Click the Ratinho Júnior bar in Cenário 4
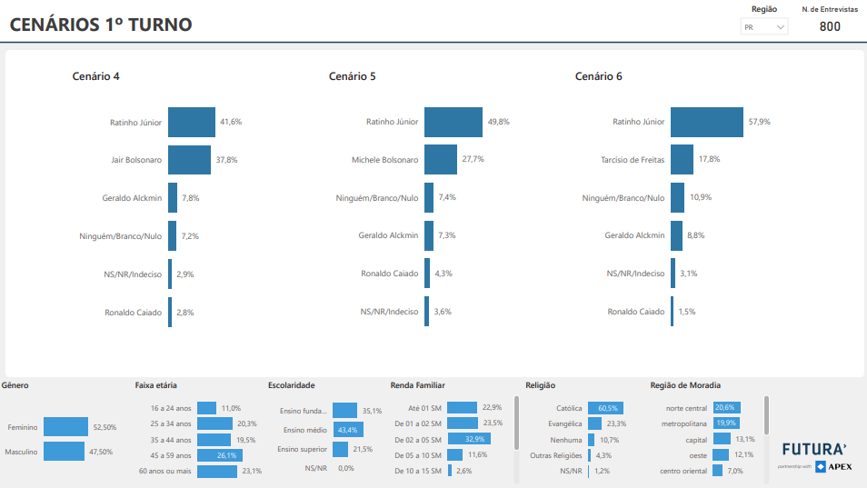pos(192,122)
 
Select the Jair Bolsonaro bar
pos(189,160)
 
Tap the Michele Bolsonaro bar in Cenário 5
pos(441,160)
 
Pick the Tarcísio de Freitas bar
pos(683,160)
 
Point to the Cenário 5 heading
pos(353,76)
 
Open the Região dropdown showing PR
pos(764,27)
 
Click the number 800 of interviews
pos(830,26)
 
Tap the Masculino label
pos(21,452)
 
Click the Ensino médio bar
pos(348,430)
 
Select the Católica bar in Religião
pos(605,408)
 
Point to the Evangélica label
pos(564,423)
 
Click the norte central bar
pos(726,408)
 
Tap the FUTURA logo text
pos(814,449)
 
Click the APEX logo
pos(833,467)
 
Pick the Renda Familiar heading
pos(418,385)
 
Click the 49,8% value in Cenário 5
pos(498,122)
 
